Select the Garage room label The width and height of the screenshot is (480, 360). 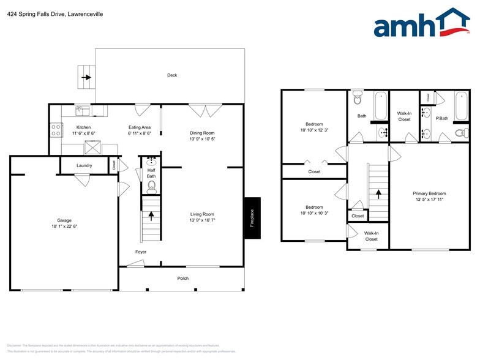[x=64, y=220]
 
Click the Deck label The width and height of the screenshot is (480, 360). [x=172, y=75]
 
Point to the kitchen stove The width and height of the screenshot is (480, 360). [x=56, y=130]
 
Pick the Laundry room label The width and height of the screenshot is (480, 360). [x=84, y=165]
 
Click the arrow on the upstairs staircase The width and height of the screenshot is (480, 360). [x=378, y=193]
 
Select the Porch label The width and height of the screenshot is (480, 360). [x=183, y=279]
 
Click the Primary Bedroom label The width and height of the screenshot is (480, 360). [x=429, y=193]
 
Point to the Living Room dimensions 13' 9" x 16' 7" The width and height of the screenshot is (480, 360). [x=202, y=220]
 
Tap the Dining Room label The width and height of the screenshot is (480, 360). [x=202, y=133]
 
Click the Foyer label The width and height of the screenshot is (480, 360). [x=141, y=252]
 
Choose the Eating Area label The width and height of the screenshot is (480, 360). [x=139, y=127]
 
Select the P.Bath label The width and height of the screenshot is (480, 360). [x=442, y=118]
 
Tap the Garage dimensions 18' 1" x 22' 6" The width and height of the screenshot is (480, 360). [x=64, y=227]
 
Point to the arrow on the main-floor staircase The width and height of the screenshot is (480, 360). [x=151, y=216]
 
